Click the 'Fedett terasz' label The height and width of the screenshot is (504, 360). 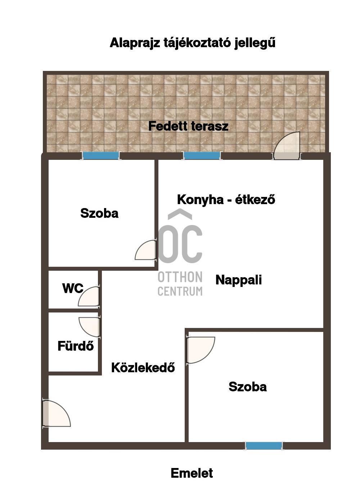(x=188, y=126)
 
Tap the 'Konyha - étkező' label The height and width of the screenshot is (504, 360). (x=226, y=199)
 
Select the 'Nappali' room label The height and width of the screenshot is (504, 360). (x=238, y=280)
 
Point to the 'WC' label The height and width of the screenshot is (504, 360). (x=73, y=288)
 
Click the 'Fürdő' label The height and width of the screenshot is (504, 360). (x=76, y=346)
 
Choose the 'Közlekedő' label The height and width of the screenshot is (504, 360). (x=143, y=368)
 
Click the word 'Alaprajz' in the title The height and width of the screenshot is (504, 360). (x=135, y=43)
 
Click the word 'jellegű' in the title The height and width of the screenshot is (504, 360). (x=255, y=43)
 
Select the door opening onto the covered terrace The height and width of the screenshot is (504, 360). (x=287, y=146)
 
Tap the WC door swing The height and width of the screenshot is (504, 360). (x=89, y=297)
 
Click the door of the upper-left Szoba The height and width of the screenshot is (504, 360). (x=146, y=250)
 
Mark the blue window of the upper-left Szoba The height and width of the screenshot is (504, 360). (x=101, y=156)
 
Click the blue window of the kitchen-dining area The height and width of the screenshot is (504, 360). (x=202, y=156)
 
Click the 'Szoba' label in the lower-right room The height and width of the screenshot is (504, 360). (x=248, y=387)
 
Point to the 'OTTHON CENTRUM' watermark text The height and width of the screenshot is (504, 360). (x=180, y=284)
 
